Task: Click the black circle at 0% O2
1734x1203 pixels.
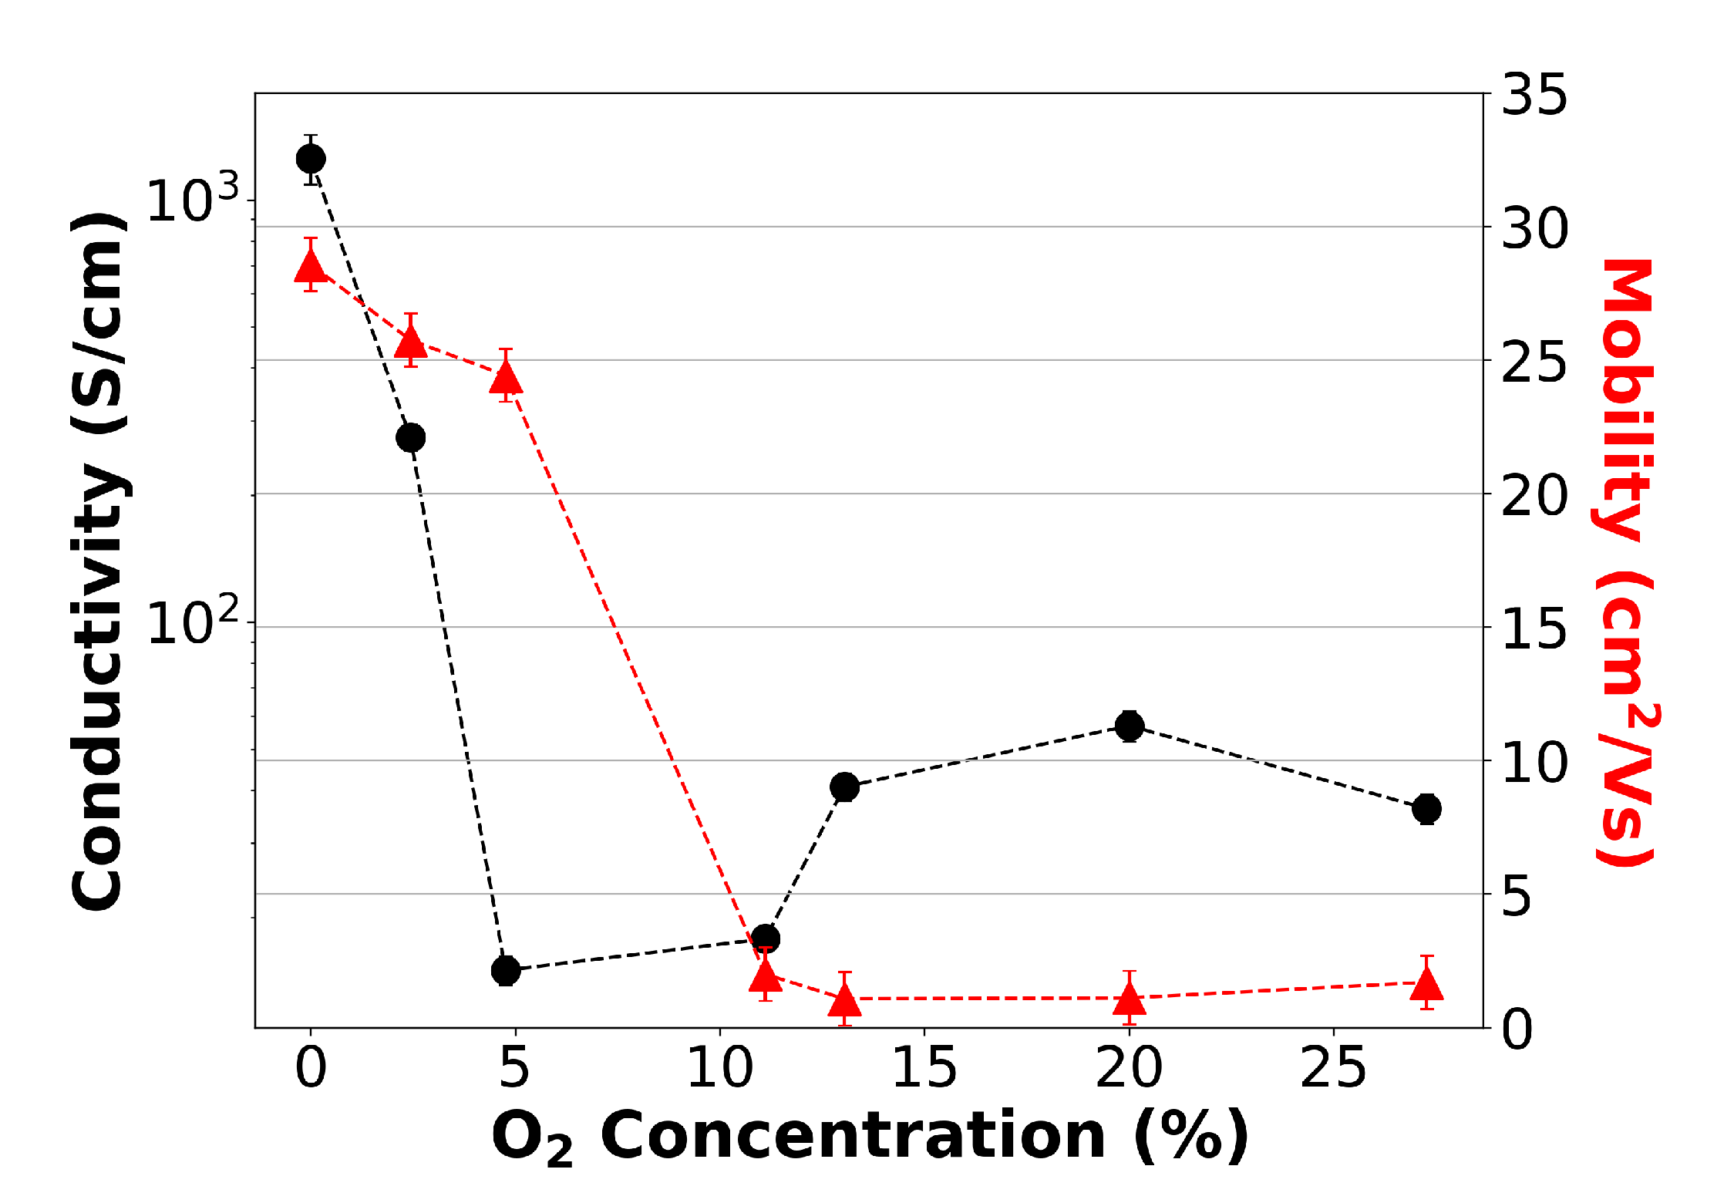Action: coord(311,159)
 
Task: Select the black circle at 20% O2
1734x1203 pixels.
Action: coord(1130,726)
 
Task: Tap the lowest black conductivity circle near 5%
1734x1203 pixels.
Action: coord(506,970)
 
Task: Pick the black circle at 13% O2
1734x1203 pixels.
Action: coord(845,787)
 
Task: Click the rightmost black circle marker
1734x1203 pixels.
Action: coord(1427,809)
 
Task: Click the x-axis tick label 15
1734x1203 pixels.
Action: coord(924,1069)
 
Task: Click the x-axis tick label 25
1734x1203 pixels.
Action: coord(1333,1069)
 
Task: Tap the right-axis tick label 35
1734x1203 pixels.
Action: coord(1534,96)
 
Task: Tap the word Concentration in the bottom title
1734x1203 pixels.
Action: coord(853,1136)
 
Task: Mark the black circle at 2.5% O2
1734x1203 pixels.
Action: coord(411,437)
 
